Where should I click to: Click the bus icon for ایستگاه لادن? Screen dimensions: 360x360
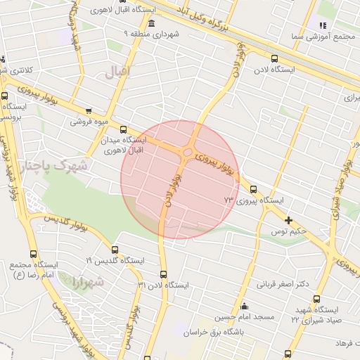pos(274,59)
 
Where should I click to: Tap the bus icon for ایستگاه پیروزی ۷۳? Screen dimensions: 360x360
pos(254,188)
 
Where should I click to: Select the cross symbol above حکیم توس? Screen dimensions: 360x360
pos(289,220)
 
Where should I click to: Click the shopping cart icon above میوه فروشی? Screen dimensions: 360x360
pos(89,110)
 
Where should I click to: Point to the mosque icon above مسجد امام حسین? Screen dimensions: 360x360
pos(244,306)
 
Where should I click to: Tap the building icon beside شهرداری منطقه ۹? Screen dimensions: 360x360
pos(152,25)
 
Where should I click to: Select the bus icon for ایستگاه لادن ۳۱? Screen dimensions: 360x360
pos(164,274)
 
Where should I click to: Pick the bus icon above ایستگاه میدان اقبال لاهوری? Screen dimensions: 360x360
pos(124,129)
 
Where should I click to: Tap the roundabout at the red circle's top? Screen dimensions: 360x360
pos(188,153)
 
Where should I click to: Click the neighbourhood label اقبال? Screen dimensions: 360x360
pos(114,72)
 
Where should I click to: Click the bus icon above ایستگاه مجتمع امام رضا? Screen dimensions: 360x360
pos(33,254)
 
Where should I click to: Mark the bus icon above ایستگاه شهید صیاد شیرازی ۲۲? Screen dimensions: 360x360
pos(316,299)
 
